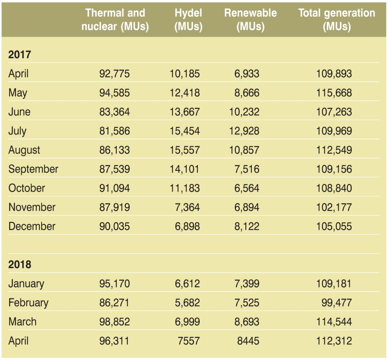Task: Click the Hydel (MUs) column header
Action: pos(188,20)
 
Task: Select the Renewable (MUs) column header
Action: pos(250,20)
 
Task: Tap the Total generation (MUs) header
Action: pos(336,20)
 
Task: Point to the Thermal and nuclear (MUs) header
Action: pos(115,20)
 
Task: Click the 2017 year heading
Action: pos(19,55)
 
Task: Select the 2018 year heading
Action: pos(19,265)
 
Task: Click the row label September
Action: pos(33,169)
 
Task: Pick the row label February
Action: pos(28,303)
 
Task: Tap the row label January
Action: pos(26,284)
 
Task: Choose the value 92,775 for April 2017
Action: pos(114,74)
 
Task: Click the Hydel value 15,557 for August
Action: pos(185,150)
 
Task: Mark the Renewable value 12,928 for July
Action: pos(244,131)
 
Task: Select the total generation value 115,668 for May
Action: pos(334,93)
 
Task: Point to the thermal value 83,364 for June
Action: pos(114,112)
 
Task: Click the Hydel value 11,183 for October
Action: pos(185,188)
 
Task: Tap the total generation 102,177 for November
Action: pos(334,207)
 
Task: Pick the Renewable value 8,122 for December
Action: pos(247,227)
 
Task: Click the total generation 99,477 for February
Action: pos(336,303)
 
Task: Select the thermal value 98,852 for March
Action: pos(114,322)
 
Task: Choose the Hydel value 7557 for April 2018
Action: pos(188,341)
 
